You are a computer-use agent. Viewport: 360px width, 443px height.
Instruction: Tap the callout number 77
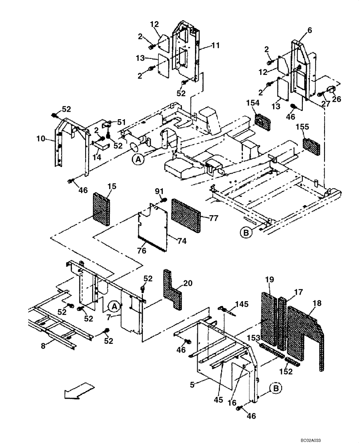click(214, 218)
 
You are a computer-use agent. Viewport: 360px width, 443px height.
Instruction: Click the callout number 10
click(41, 139)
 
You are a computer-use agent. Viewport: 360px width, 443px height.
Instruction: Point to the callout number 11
click(203, 45)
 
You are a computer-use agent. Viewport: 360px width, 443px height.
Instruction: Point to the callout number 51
click(122, 123)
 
